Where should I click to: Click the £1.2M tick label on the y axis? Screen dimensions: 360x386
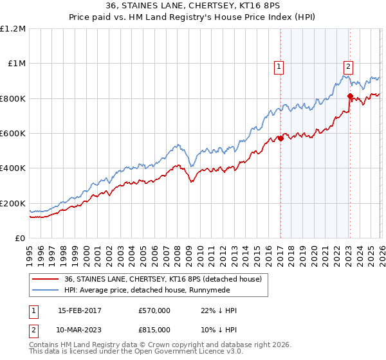13,29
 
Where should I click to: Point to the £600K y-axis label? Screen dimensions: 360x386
13,134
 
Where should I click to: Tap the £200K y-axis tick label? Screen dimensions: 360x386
13,203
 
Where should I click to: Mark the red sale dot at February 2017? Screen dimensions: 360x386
280,138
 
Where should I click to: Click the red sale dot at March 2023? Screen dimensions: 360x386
350,96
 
